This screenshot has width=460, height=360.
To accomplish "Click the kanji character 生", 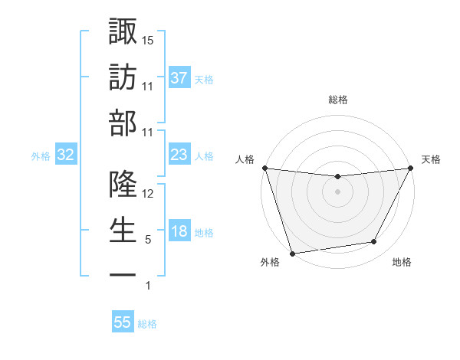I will (123, 229).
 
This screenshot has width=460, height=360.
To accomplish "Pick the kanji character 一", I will (123, 273).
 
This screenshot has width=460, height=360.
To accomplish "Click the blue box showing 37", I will (179, 78).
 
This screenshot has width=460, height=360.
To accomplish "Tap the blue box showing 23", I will (179, 155).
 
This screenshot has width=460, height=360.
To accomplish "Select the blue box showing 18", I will (179, 232).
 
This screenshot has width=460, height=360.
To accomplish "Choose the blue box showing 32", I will (65, 155).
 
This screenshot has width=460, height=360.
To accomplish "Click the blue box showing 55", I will (123, 322).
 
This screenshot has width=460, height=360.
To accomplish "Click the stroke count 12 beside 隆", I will (149, 194).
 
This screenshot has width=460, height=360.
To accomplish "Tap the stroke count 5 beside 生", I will (148, 240).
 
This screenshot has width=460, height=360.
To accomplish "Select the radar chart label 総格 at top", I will (337, 100).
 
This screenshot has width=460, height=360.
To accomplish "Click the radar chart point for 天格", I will (411, 169).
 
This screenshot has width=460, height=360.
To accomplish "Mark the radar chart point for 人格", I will (264, 168).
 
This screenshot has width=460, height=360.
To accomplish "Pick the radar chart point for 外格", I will (292, 253).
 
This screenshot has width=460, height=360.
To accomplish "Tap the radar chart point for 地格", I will (374, 242).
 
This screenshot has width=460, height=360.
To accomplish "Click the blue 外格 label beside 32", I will (41, 156).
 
